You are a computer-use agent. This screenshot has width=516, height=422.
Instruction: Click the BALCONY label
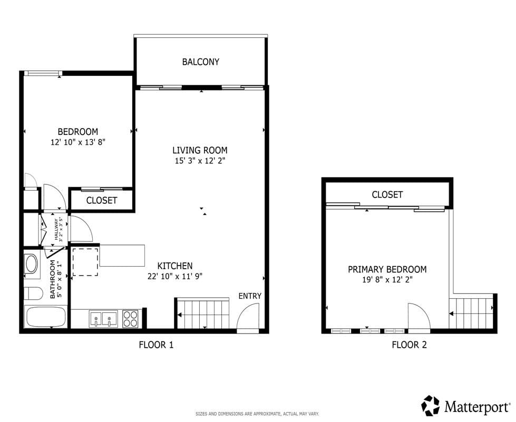point(201,62)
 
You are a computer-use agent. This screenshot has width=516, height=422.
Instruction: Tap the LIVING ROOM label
point(200,150)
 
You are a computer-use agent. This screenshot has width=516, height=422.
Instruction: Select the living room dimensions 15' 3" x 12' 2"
point(200,161)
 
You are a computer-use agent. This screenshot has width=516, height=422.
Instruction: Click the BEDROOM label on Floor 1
point(77,132)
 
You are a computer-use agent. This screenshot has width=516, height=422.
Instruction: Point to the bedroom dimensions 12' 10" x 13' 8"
point(77,142)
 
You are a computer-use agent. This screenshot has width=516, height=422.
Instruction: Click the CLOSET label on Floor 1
point(101,201)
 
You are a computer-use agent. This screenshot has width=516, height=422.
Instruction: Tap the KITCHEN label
point(175,266)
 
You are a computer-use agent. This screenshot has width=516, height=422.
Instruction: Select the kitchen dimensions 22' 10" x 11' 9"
point(175,276)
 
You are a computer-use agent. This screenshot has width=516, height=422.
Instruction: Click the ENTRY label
point(250,296)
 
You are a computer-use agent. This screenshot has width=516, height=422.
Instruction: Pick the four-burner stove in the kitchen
point(130,319)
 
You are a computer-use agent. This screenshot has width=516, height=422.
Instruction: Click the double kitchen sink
point(103,319)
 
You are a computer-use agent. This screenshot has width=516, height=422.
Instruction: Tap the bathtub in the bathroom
point(45,317)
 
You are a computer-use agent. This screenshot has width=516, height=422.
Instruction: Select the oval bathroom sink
point(32,263)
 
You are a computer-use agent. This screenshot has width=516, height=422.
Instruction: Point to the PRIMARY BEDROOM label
point(387,269)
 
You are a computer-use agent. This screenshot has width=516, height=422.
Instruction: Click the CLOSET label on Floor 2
point(387,195)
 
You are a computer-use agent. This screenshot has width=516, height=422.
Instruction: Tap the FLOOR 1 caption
point(156,345)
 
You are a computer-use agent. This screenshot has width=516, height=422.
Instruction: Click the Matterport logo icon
point(430,406)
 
